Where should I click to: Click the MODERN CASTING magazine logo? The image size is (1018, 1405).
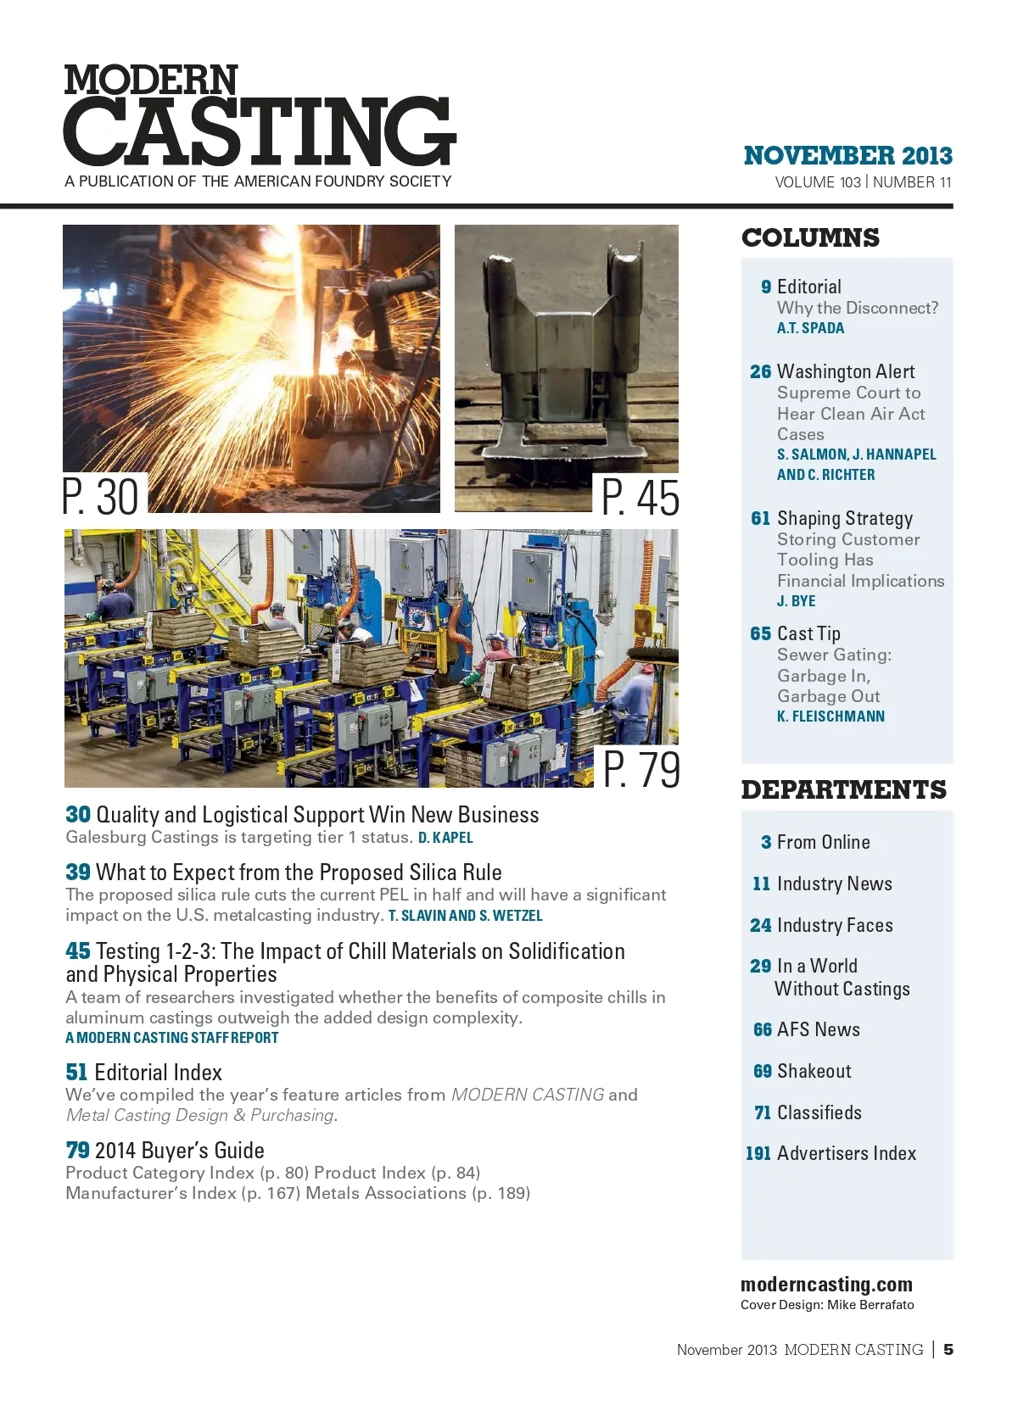(259, 117)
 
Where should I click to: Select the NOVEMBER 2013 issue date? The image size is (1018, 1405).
(847, 156)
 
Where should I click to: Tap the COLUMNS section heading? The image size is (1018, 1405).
(810, 238)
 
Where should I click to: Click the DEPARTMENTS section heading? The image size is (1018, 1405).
(843, 790)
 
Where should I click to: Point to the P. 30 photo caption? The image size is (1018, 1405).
(101, 497)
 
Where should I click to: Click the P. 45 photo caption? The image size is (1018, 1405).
(640, 497)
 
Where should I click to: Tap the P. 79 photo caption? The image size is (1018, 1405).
(641, 769)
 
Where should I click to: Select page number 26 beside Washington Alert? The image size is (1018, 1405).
(760, 372)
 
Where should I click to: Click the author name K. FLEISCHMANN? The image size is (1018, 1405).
(831, 716)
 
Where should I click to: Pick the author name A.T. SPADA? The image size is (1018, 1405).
(810, 328)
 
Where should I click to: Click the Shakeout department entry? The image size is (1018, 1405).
(814, 1071)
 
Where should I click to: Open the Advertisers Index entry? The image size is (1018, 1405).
(846, 1153)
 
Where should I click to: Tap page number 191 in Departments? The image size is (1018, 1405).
(758, 1153)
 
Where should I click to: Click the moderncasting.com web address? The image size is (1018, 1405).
(826, 1285)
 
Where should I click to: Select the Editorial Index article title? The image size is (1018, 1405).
(158, 1073)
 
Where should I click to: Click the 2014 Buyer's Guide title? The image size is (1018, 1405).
(179, 1151)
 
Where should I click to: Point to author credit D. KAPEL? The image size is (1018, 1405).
(445, 838)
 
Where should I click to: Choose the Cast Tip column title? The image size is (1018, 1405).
(808, 634)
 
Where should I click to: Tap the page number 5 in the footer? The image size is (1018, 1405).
(948, 1349)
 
